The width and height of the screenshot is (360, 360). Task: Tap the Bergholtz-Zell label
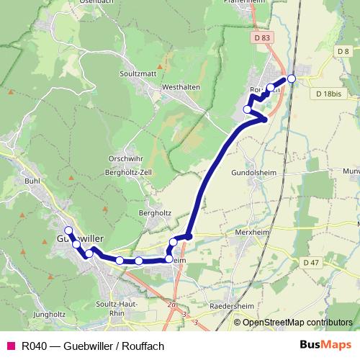[x=129, y=174]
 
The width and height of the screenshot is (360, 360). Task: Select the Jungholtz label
[x=49, y=314]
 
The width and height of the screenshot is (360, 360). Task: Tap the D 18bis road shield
[x=330, y=94]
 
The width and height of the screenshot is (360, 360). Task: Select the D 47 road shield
[x=311, y=263]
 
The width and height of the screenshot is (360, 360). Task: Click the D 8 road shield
[x=343, y=51]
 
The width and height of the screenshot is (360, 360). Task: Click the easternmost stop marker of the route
[x=292, y=78]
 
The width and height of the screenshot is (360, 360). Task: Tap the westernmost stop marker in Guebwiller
[x=68, y=230]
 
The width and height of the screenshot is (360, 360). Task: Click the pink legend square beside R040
[x=10, y=345]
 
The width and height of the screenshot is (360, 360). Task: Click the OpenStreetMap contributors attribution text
[x=293, y=322]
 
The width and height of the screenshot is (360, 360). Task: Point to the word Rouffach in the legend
[x=143, y=345]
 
